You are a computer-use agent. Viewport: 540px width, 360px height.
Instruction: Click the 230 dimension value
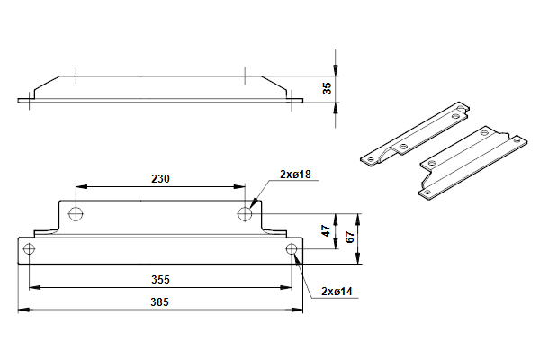point(160,179)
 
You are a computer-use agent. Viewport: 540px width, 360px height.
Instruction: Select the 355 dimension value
point(160,279)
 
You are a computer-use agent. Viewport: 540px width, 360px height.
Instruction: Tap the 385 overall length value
point(160,302)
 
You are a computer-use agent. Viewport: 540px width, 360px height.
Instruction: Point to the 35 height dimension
point(328,88)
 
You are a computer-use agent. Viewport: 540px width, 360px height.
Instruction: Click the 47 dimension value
point(326,230)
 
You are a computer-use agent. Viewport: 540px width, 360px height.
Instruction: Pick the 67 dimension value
point(349,238)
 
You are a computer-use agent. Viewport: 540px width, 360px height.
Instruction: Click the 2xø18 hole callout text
point(295,175)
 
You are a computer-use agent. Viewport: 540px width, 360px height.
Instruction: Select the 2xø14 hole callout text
point(337,292)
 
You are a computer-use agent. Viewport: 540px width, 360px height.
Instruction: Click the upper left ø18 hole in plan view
point(76,214)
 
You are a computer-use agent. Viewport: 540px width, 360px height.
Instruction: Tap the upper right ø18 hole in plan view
point(245,214)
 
